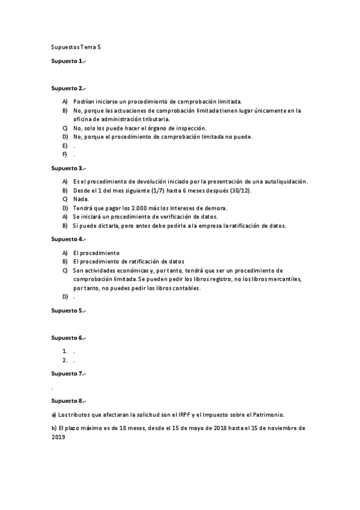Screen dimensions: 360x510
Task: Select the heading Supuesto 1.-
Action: pos(69,61)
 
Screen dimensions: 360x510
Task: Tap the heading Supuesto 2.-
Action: pos(69,88)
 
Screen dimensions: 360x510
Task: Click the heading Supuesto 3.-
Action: pos(69,168)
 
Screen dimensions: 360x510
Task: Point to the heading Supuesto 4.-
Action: pos(69,239)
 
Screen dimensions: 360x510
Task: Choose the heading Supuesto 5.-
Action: pos(69,310)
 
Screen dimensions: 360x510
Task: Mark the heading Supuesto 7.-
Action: pos(69,373)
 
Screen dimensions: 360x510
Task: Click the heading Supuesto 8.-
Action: pos(69,400)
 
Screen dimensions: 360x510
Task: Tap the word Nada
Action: pos(81,199)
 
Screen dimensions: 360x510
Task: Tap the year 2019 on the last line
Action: pos(58,437)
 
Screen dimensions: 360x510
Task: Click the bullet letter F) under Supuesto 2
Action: pos(64,155)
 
